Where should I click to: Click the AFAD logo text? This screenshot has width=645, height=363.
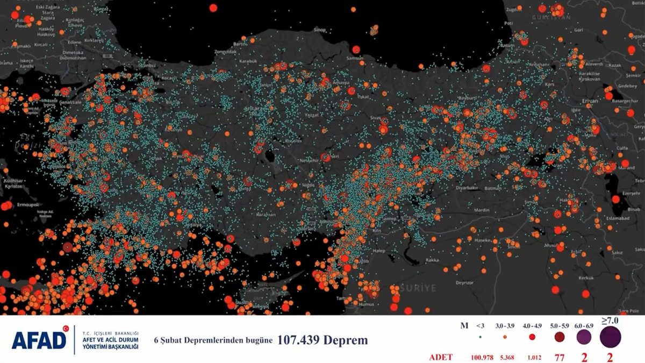(39, 340)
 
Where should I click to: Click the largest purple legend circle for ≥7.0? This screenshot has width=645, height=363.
(611, 337)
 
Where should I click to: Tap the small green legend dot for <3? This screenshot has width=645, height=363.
(479, 337)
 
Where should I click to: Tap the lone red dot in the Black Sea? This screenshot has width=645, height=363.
(213, 8)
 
